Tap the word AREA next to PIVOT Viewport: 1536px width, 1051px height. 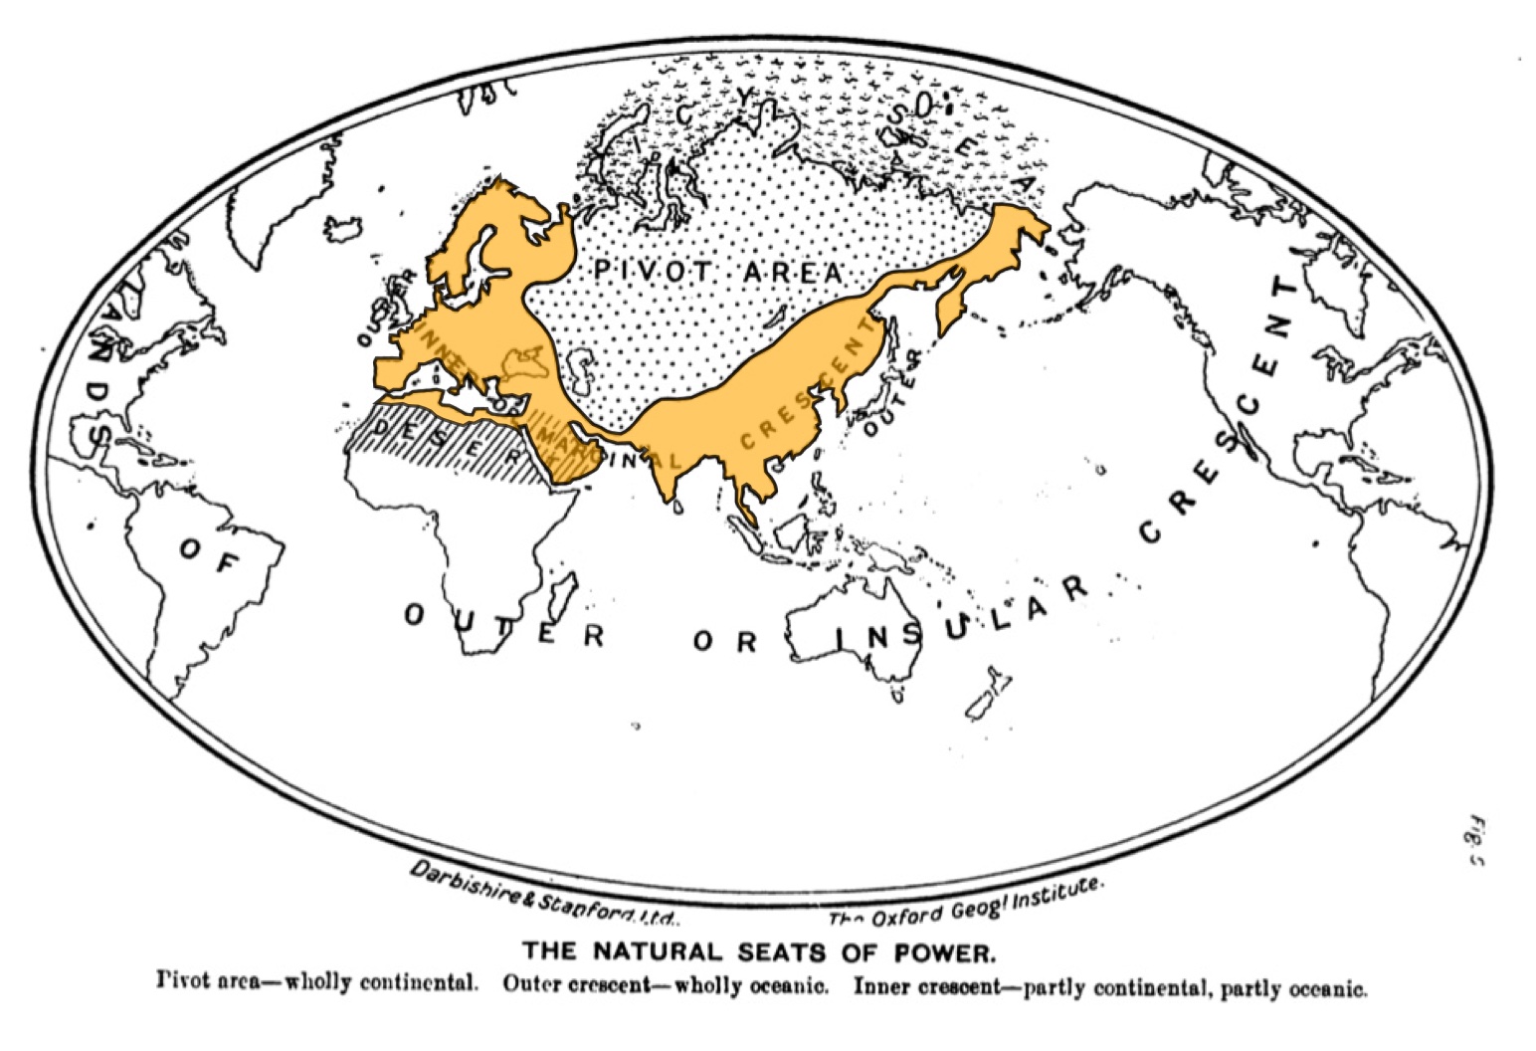click(x=791, y=271)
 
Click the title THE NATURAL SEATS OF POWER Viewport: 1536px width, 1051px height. click(x=758, y=952)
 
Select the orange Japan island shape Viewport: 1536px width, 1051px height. click(x=950, y=299)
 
